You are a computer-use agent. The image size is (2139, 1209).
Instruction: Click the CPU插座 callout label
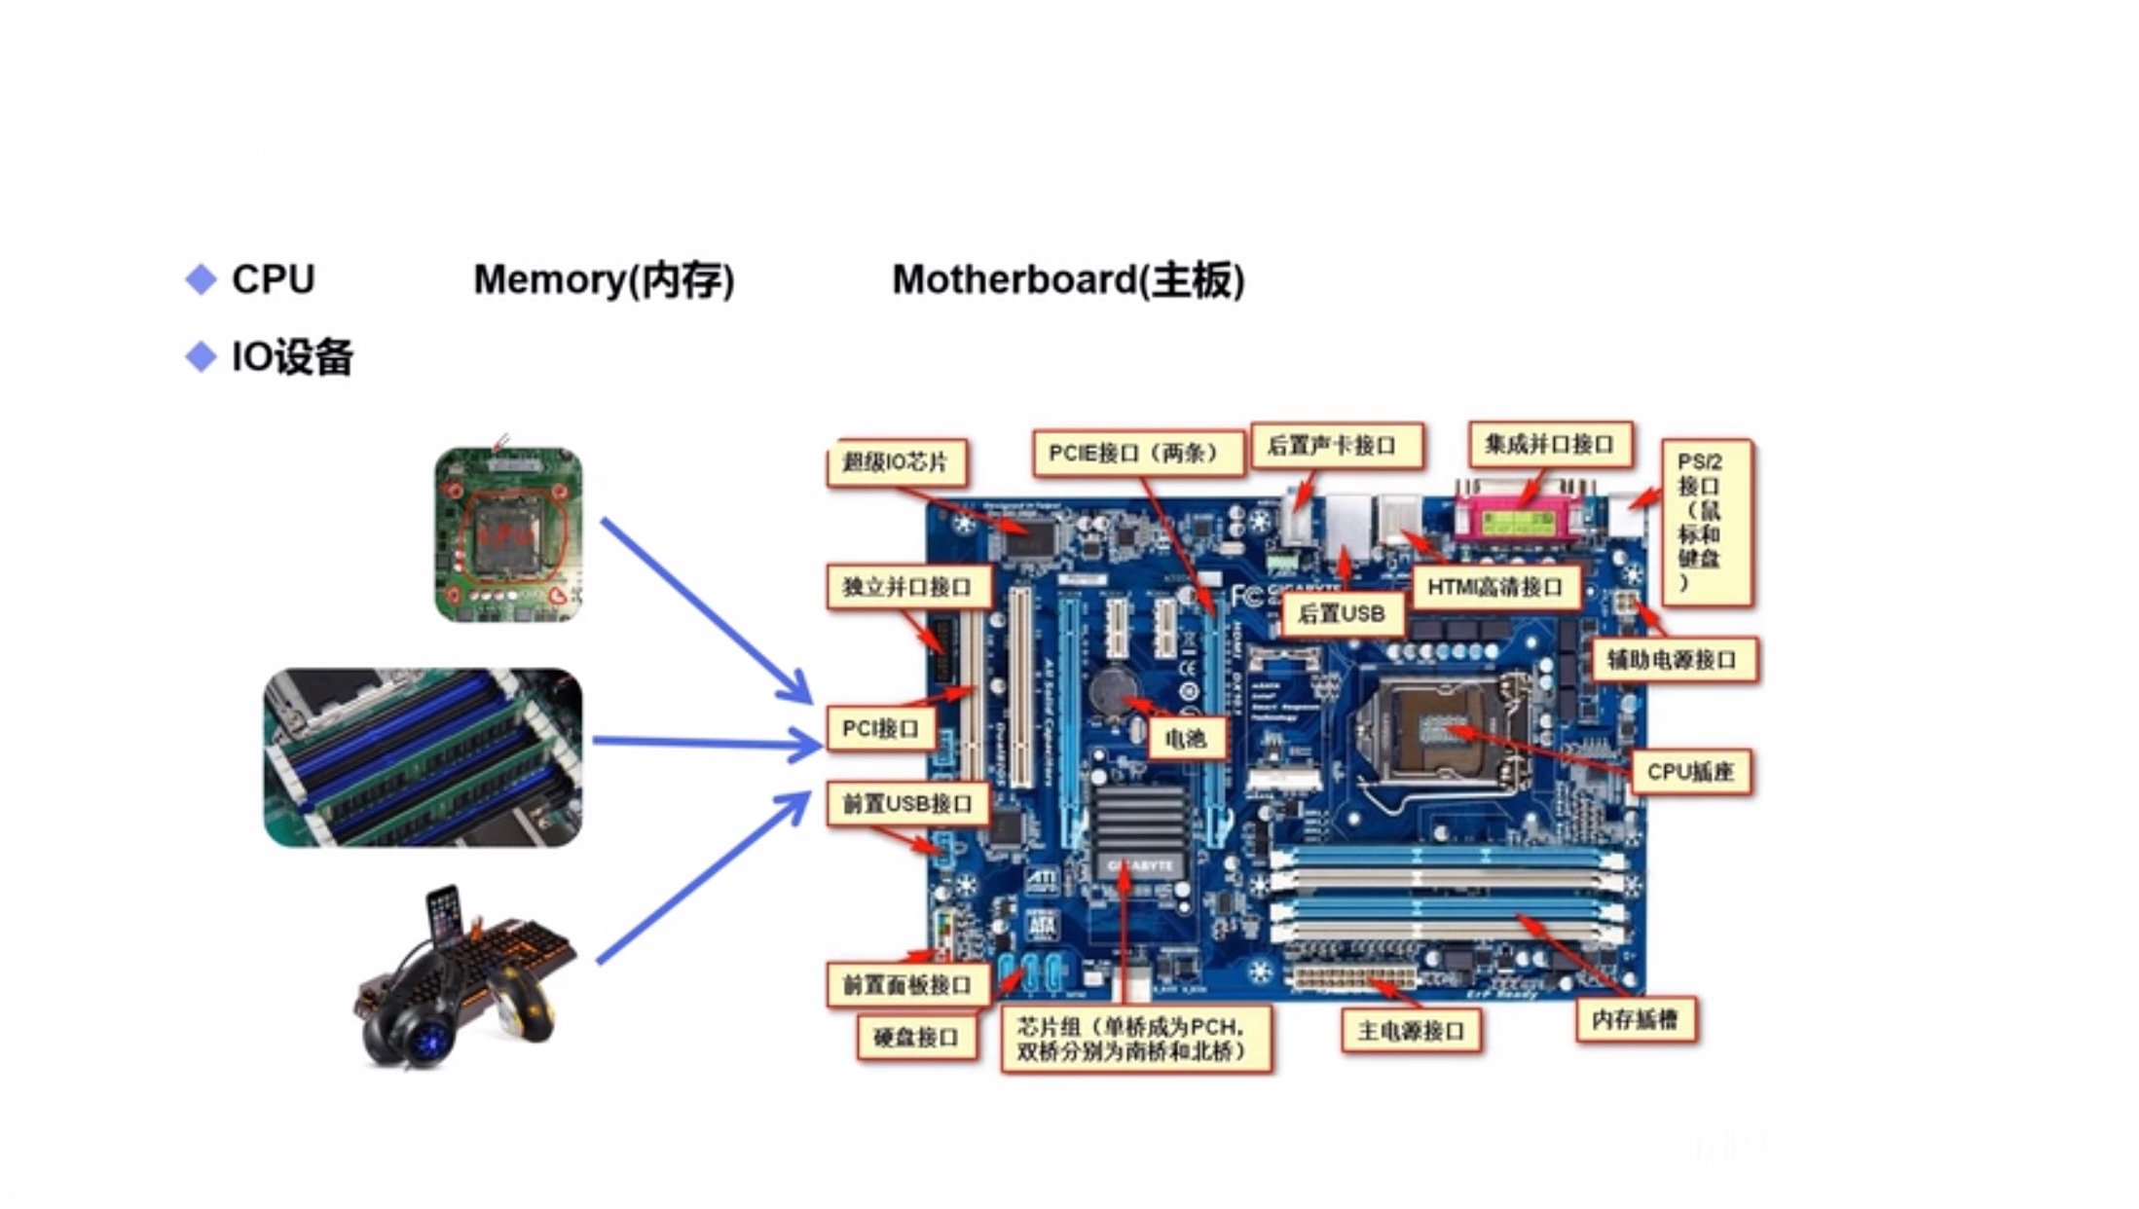(1690, 772)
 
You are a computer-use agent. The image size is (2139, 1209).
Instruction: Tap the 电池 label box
(1185, 739)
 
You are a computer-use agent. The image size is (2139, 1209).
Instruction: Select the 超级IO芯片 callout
(895, 461)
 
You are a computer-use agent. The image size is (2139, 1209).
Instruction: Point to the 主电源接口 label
(1411, 1030)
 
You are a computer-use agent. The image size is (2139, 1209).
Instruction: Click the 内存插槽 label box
(1635, 1019)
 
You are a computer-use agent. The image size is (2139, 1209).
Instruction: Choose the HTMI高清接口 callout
(1494, 587)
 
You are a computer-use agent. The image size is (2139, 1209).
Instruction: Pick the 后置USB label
(1342, 613)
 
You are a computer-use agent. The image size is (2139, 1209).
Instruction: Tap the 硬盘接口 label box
(916, 1038)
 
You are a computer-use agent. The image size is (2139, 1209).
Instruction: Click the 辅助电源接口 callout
(1672, 660)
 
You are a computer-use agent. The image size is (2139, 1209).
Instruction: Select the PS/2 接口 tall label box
(1705, 523)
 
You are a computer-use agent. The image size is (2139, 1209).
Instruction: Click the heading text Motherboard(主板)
(1068, 280)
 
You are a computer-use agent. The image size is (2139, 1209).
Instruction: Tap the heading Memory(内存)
(604, 280)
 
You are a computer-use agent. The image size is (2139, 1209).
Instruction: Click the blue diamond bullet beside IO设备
(202, 357)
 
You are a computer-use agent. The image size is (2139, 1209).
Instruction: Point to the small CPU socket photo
(508, 533)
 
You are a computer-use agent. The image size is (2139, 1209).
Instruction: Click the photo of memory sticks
(423, 756)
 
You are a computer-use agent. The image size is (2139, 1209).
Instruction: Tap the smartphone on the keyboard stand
(443, 914)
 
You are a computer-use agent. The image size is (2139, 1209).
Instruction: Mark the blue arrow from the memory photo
(706, 744)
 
